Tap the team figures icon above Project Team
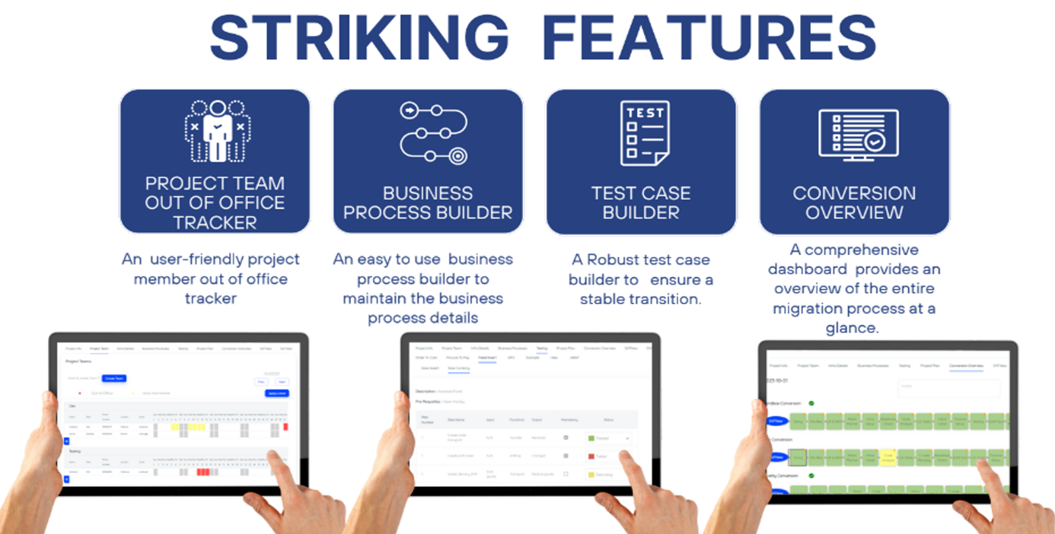[x=218, y=130]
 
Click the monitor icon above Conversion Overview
[x=858, y=134]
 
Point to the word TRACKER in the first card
[x=215, y=223]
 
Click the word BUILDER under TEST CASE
[x=641, y=212]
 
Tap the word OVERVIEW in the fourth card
[x=854, y=212]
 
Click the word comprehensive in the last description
[x=853, y=250]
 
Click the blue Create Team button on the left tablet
[x=114, y=377]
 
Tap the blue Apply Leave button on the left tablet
[x=276, y=393]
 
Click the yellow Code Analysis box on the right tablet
[x=888, y=457]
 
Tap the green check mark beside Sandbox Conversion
[x=811, y=403]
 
